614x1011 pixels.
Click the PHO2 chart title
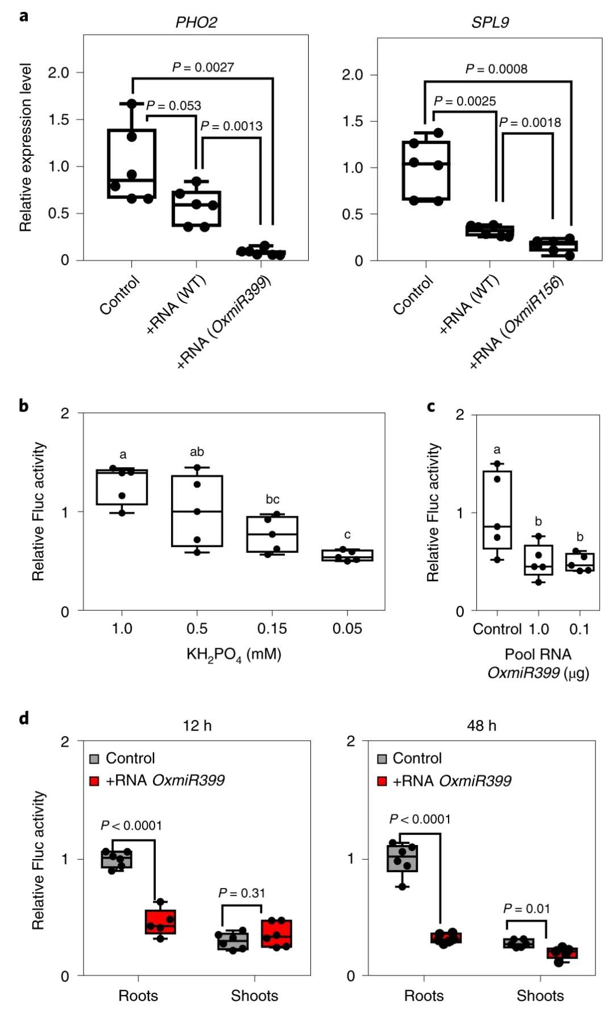click(x=196, y=22)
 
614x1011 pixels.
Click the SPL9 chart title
click(x=490, y=22)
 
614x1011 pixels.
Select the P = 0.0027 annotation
click(x=203, y=67)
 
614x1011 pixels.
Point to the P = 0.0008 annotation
click(x=496, y=69)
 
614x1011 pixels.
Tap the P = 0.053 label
click(x=173, y=105)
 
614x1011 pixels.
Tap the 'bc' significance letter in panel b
click(x=272, y=499)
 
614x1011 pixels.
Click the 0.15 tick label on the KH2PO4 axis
click(x=272, y=628)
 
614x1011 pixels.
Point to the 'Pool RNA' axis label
click(x=538, y=654)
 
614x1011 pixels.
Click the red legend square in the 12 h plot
click(x=94, y=781)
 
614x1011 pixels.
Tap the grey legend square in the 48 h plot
click(x=382, y=759)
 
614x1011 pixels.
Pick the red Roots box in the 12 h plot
click(x=160, y=922)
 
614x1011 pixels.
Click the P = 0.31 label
click(x=242, y=893)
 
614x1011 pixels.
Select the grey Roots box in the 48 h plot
click(x=403, y=858)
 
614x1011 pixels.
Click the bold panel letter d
click(x=24, y=718)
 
